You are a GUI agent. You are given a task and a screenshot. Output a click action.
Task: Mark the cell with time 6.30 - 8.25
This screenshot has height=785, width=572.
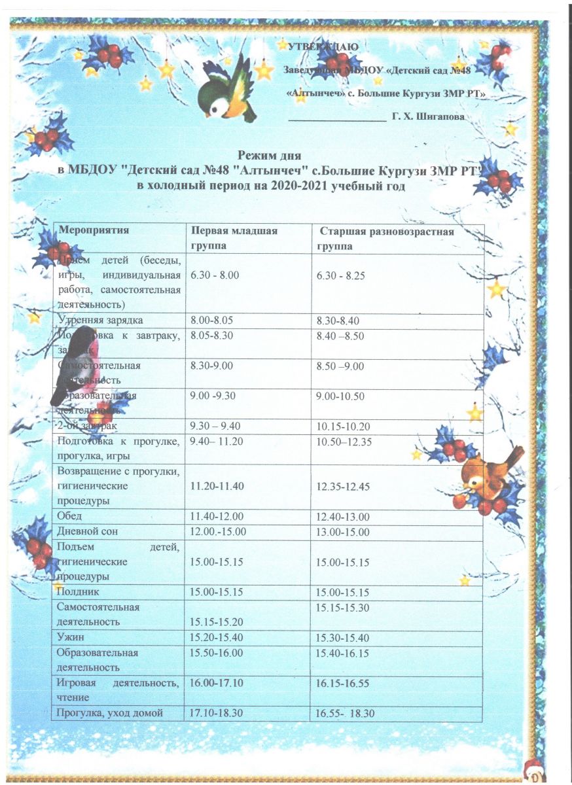coord(340,276)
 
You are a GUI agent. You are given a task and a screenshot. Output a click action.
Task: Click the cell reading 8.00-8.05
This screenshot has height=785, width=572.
coord(211,321)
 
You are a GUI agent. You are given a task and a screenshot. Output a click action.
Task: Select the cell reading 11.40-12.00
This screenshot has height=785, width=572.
coord(214,517)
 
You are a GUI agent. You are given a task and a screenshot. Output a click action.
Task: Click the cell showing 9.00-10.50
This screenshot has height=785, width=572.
coord(340,396)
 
